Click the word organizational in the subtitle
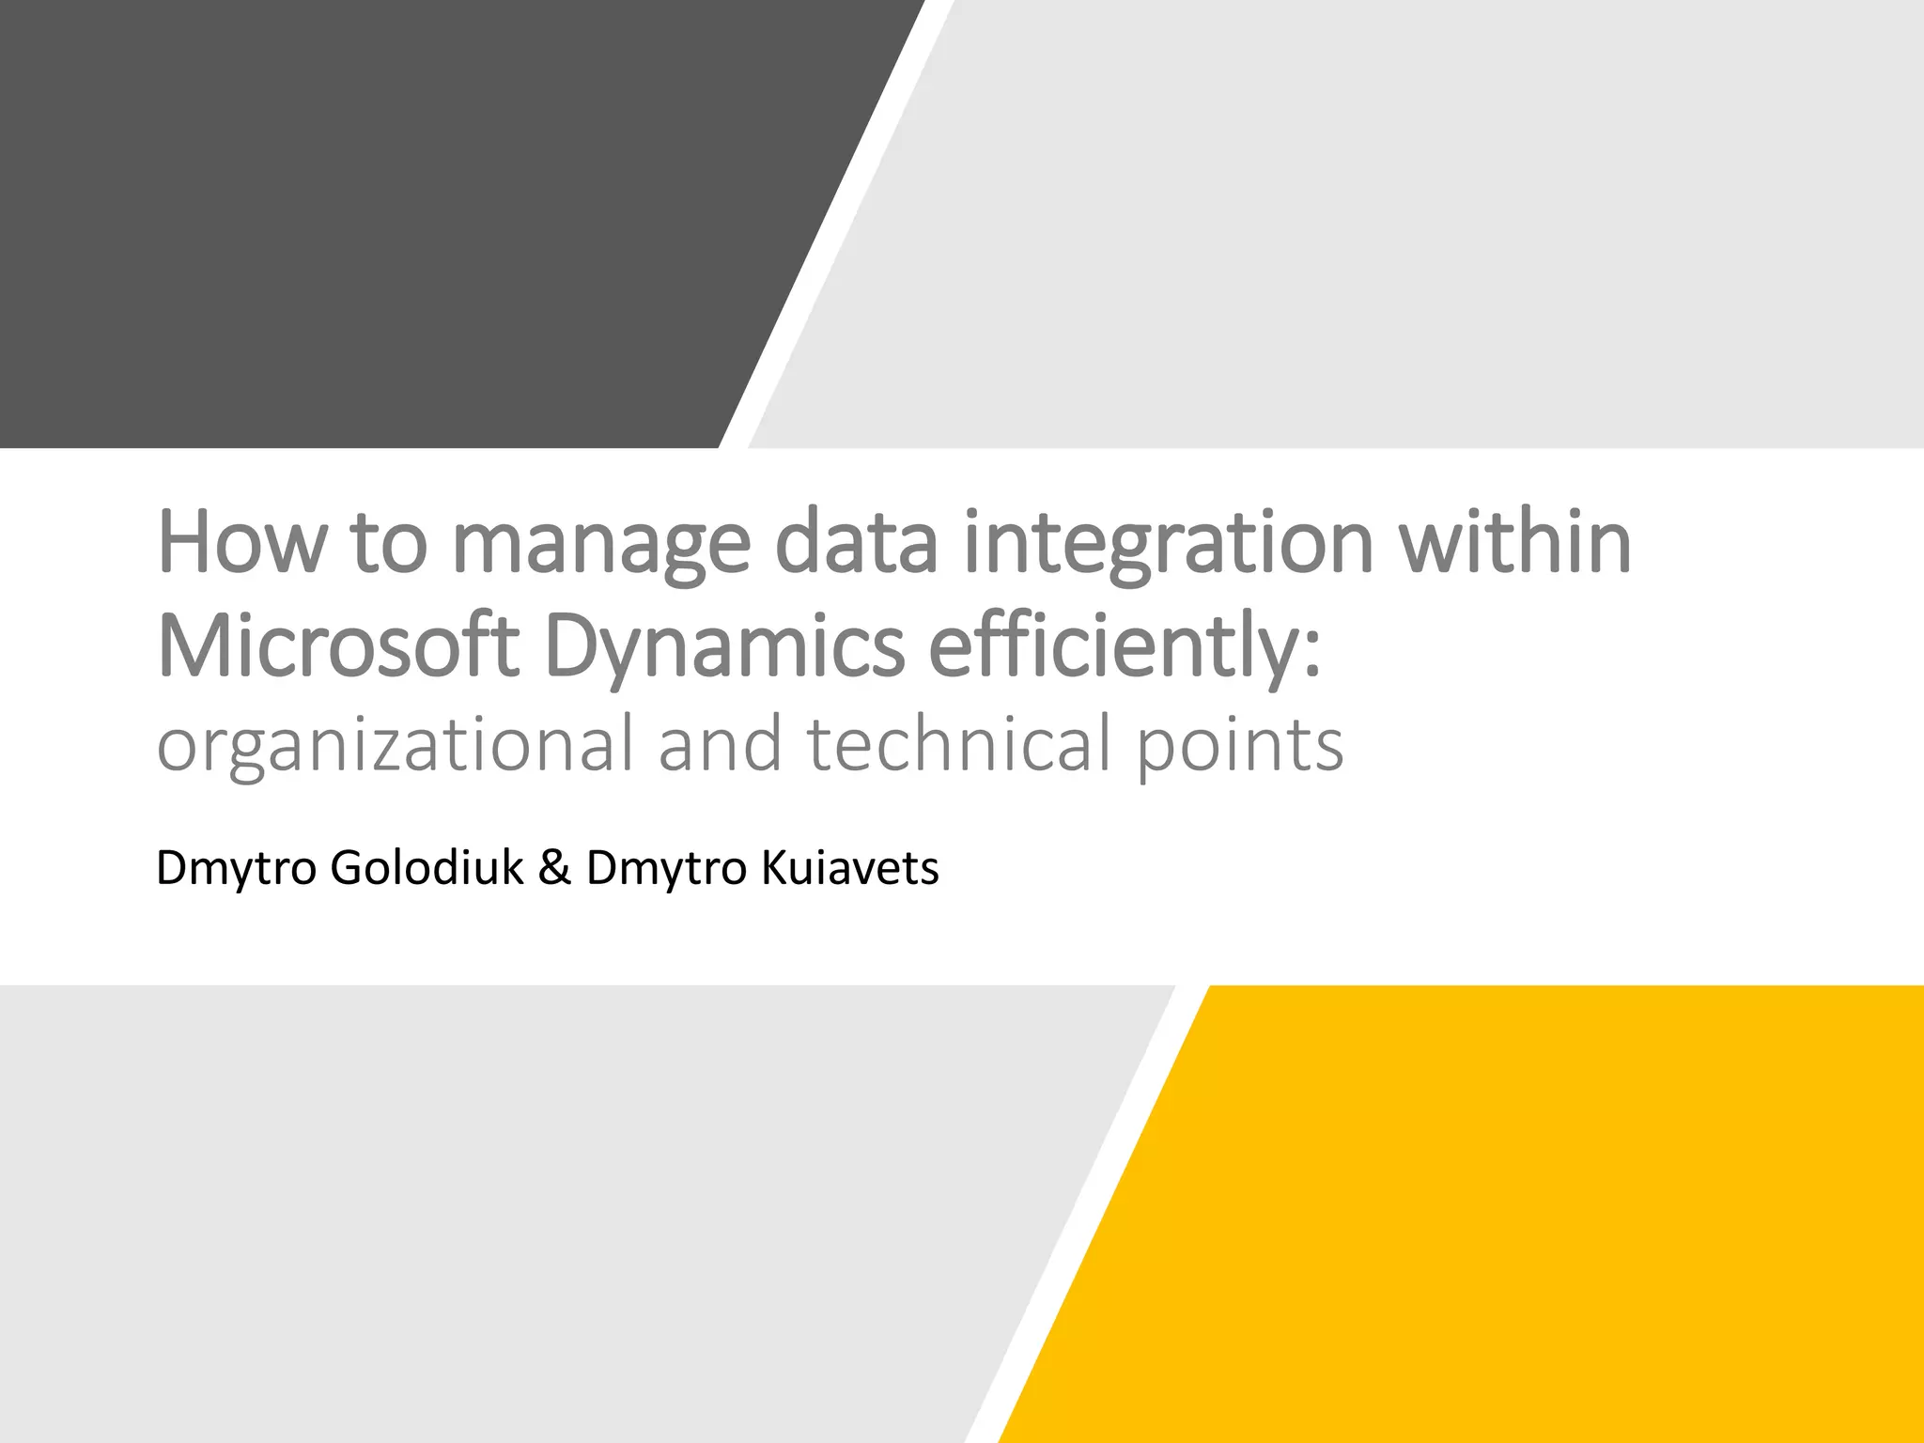[x=395, y=744]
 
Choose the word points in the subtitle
[x=1240, y=744]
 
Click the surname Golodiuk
[x=427, y=867]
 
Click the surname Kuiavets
[x=849, y=867]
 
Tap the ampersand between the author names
[x=554, y=867]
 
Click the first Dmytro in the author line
[x=236, y=867]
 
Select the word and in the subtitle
[x=720, y=744]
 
